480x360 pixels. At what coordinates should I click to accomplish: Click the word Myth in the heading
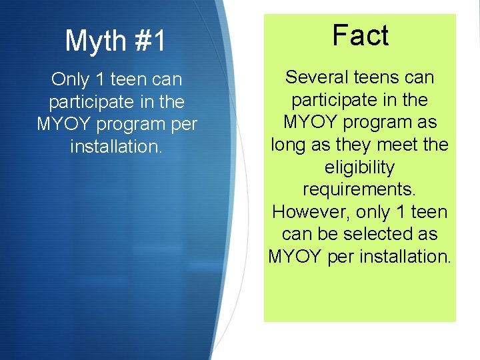click(94, 41)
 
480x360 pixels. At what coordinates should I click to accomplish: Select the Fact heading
click(360, 36)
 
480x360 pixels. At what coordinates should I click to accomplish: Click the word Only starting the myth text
click(70, 80)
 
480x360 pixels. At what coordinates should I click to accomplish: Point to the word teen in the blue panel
click(131, 80)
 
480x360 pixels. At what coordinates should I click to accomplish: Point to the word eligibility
click(360, 167)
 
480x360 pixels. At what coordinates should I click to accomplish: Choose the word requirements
click(360, 190)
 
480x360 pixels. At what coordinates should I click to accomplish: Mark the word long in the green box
click(287, 145)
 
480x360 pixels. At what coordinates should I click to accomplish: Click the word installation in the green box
click(405, 257)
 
